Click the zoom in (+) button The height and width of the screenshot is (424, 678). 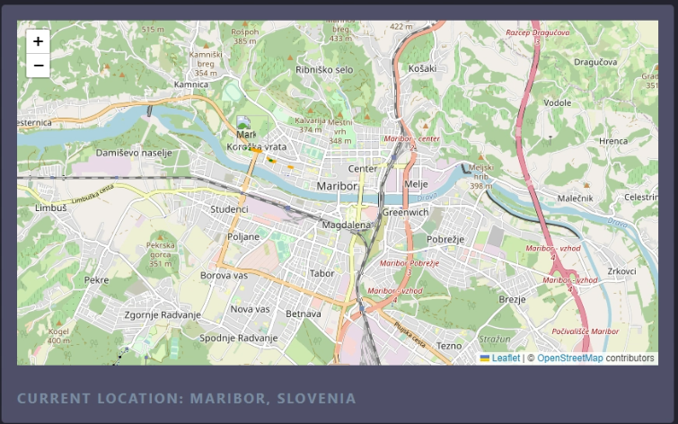coord(38,41)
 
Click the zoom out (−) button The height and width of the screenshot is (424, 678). coord(38,65)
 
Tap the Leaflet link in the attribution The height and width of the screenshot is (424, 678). coord(506,358)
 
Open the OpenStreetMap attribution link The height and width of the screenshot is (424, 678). coord(570,358)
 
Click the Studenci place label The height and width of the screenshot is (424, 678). coord(229,209)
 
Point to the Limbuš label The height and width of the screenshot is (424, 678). coord(51,208)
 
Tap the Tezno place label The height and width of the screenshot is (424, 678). coord(449,345)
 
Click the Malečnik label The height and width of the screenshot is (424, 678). coord(575,198)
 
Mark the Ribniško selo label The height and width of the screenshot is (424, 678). coord(324,69)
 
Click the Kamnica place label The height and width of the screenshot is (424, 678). coord(191,84)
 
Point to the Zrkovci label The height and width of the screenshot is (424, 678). coord(621,270)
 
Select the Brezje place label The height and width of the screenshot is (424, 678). coord(512,299)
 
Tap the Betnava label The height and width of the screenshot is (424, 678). coord(304,314)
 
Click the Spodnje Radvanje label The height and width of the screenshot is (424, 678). coord(239,338)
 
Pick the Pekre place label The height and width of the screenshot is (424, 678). coord(96,279)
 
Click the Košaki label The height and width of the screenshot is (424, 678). coord(422,68)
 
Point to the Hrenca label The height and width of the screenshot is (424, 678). coord(613,141)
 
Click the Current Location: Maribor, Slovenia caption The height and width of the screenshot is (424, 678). coord(187,398)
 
